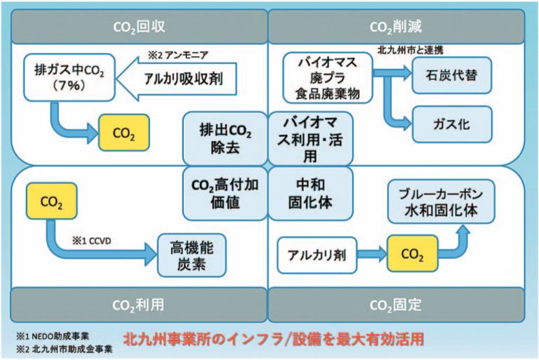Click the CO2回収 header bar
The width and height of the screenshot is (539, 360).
coord(138,27)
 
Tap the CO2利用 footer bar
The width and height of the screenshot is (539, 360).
coord(138,305)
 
